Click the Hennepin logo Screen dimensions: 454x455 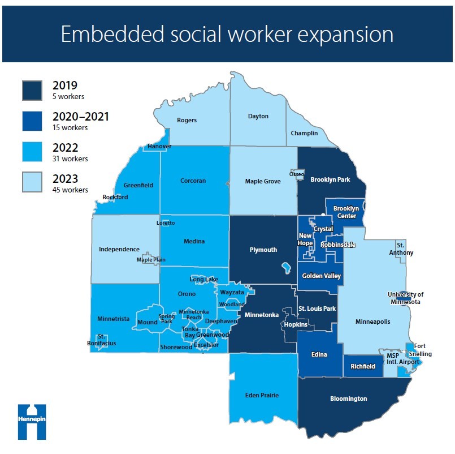pyautogui.click(x=32, y=421)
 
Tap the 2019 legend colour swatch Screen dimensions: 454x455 pyautogui.click(x=32, y=90)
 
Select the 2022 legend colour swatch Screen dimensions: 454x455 pyautogui.click(x=32, y=152)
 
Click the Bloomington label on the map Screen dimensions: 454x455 pyautogui.click(x=348, y=399)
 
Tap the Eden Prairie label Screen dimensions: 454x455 pyautogui.click(x=262, y=395)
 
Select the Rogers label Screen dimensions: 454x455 pyautogui.click(x=187, y=120)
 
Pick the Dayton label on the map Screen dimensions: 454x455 pyautogui.click(x=258, y=116)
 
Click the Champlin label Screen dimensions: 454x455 pyautogui.click(x=304, y=133)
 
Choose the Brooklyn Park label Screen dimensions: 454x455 pyautogui.click(x=331, y=179)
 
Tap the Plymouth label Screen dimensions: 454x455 pyautogui.click(x=263, y=250)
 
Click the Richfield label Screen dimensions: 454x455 pyautogui.click(x=362, y=366)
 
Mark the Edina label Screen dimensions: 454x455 pyautogui.click(x=319, y=354)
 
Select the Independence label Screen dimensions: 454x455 pyautogui.click(x=119, y=249)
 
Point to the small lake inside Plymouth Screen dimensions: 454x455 pyautogui.click(x=286, y=266)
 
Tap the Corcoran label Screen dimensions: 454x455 pyautogui.click(x=193, y=181)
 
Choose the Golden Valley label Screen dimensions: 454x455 pyautogui.click(x=321, y=276)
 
